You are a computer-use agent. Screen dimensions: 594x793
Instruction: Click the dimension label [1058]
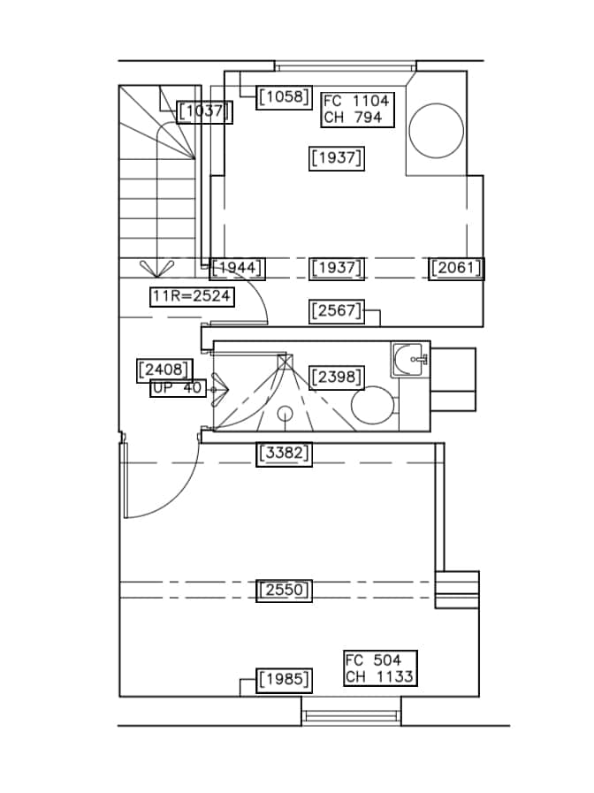point(284,97)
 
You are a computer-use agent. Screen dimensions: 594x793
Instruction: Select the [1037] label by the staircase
point(204,111)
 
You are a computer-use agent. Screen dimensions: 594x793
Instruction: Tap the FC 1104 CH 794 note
point(357,110)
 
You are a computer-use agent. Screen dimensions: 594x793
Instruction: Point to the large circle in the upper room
point(437,131)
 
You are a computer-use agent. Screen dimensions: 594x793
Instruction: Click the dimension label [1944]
point(237,268)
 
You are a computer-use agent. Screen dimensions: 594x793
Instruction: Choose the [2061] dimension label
point(456,268)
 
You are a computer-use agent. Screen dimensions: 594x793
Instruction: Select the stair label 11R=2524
point(192,296)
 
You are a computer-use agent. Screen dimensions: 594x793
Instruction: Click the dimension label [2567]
point(337,311)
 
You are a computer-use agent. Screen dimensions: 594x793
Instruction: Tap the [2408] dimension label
point(164,370)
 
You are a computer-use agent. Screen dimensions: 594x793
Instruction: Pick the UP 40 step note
point(178,388)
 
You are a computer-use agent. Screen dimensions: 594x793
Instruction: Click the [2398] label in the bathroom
point(337,377)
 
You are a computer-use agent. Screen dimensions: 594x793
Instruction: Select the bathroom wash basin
point(408,360)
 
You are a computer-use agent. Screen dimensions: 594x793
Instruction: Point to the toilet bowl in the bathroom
point(373,405)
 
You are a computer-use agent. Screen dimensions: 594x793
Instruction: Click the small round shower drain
point(286,414)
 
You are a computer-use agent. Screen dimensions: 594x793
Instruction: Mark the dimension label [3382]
point(284,454)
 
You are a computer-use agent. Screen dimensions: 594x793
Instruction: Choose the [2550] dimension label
point(284,591)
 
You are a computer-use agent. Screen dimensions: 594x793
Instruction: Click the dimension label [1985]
point(284,680)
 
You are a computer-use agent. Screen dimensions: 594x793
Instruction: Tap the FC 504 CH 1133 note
point(381,668)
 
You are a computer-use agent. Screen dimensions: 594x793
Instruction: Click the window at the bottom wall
point(351,715)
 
